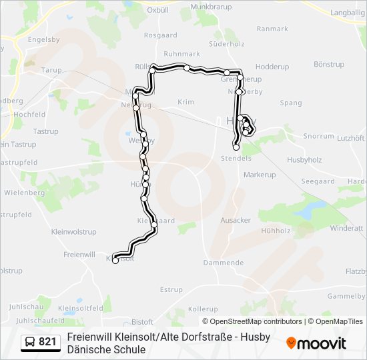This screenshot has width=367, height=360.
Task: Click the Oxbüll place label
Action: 157,10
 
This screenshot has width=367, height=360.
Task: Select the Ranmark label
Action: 272,29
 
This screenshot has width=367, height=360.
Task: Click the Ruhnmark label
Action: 181,54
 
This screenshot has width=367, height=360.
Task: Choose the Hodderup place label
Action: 272,67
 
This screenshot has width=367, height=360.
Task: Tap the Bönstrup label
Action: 328,64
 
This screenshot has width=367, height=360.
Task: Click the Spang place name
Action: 291,103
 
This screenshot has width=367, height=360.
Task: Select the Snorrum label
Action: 318,135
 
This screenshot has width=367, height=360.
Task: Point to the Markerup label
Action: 260,175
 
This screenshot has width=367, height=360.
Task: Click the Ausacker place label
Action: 236,220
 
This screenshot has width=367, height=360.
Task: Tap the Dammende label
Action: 224,263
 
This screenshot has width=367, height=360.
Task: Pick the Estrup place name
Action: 171,289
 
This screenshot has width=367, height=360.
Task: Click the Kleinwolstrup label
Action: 73,232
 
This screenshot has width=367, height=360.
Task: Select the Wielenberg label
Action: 24,192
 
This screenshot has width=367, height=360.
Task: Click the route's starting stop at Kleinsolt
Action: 115,261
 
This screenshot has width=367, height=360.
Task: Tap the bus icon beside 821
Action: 30,342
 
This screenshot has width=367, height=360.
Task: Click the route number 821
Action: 48,342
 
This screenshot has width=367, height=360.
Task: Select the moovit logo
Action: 316,343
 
